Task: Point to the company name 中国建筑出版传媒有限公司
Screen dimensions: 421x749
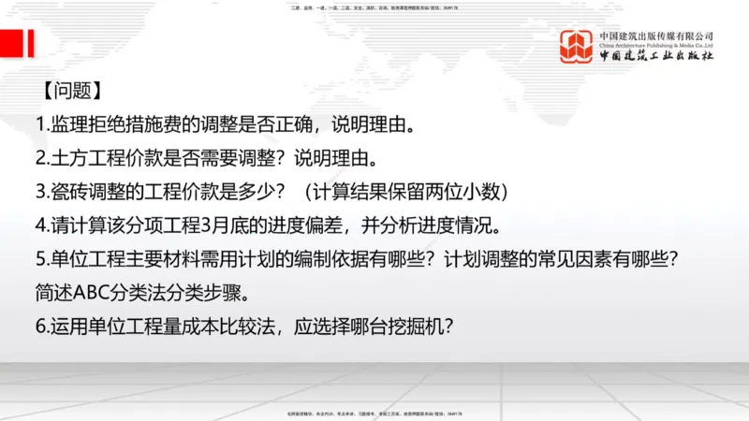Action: [656, 36]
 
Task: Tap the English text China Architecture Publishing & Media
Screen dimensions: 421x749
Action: [656, 45]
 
